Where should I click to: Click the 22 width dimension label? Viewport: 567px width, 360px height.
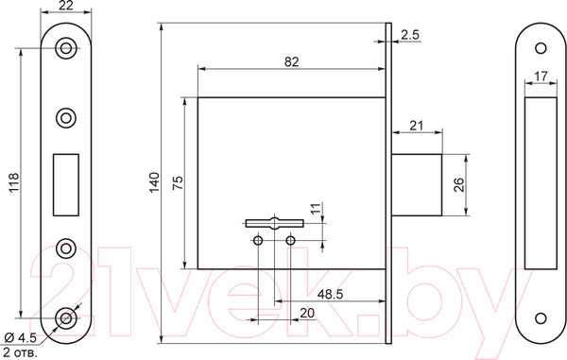pos(65,5)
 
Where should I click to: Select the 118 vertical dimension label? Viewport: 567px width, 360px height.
pos(14,183)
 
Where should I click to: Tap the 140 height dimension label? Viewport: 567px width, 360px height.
pos(154,182)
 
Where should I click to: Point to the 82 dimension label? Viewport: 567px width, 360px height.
pos(291,61)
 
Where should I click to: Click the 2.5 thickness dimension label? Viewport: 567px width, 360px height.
pos(410,35)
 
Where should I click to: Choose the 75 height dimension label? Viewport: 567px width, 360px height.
pos(178,183)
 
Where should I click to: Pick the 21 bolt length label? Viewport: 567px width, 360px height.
pos(417,126)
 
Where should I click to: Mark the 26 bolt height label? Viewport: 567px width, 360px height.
pos(458,184)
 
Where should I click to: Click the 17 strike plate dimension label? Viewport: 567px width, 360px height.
pos(541,77)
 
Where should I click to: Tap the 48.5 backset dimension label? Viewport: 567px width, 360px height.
pos(330,294)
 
